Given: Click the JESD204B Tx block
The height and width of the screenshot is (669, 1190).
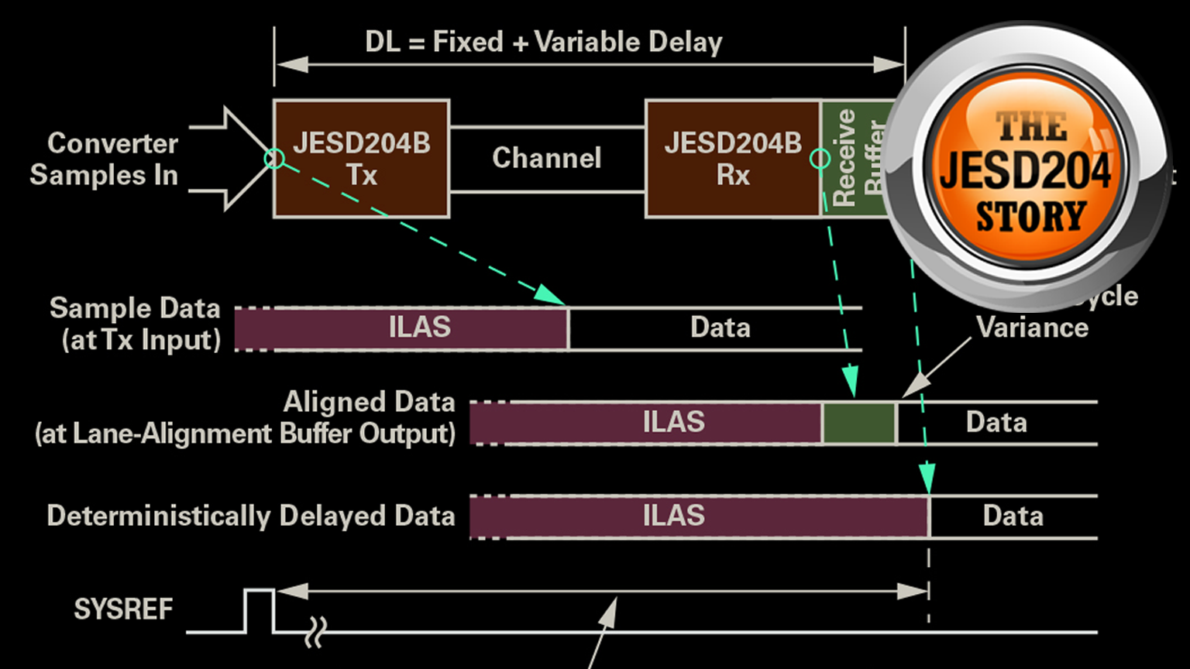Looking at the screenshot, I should click(x=361, y=159).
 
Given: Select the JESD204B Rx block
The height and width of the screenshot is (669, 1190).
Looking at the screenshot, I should click(x=732, y=159).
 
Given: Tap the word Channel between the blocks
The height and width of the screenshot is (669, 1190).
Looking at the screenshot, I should click(x=546, y=158).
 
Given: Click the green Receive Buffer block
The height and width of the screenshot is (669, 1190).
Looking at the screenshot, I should click(x=852, y=159).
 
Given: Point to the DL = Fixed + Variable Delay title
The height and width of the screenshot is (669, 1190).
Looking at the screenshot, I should click(x=543, y=42).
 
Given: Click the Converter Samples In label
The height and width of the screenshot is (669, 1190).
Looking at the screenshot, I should click(x=105, y=159).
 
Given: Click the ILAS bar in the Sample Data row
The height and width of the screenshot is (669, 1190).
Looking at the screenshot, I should click(x=418, y=328).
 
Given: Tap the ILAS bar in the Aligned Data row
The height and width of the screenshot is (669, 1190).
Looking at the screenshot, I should click(x=672, y=422).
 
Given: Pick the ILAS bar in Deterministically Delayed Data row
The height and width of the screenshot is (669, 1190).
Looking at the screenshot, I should click(x=672, y=516).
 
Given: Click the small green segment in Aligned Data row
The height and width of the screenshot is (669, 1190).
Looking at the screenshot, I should click(x=858, y=423).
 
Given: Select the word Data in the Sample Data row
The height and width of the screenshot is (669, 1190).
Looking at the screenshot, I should click(x=720, y=328).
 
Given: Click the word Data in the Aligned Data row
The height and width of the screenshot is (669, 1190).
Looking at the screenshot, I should click(x=996, y=422).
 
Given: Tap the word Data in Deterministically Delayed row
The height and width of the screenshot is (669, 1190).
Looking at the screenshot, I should click(x=1013, y=516).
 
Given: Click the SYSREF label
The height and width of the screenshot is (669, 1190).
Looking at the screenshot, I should click(x=123, y=609).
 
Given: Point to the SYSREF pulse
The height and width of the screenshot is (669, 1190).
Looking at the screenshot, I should click(x=259, y=608).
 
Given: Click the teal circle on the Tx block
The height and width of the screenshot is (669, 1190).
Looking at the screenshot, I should click(x=274, y=159).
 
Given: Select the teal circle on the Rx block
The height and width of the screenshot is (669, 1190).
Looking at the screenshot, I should click(x=820, y=159).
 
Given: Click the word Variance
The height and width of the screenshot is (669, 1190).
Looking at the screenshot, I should click(x=1032, y=328).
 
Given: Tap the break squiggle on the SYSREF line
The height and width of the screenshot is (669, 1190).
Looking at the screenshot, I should click(x=316, y=632).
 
